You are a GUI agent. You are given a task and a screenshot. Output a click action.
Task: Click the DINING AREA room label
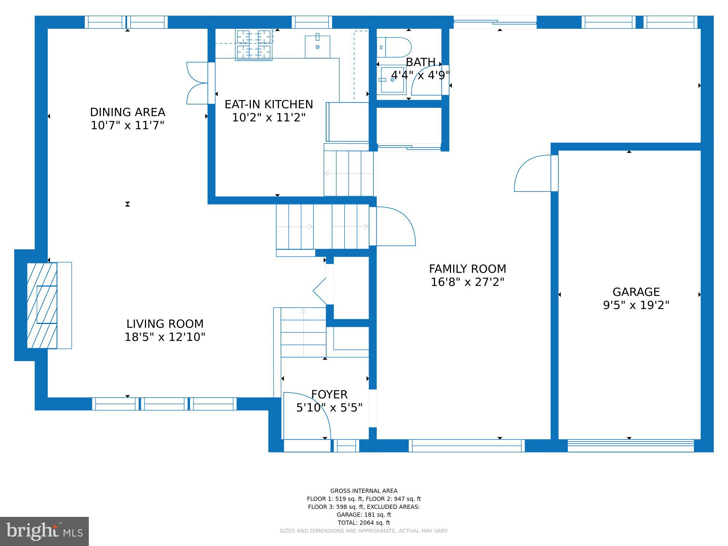point(127,112)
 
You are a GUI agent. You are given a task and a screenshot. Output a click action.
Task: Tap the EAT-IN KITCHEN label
point(269,104)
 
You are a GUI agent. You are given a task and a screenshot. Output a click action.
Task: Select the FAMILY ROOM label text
point(467,269)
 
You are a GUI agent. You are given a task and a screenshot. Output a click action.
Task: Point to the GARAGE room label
point(636,292)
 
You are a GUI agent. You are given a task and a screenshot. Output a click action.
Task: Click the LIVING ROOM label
point(165,324)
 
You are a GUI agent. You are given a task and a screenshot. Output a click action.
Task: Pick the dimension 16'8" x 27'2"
point(467,282)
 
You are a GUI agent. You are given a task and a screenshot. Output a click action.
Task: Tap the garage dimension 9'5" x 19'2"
point(636,305)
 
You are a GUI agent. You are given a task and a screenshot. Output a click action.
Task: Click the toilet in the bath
point(394,47)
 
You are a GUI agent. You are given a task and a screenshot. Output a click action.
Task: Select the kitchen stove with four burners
point(254,44)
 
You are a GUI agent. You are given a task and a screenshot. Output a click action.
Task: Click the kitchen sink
point(317,47)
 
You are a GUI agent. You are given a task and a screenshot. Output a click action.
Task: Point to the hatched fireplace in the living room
point(42,305)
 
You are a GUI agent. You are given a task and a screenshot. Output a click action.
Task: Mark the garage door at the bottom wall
point(631,446)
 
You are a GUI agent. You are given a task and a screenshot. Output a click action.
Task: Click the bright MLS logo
point(44,531)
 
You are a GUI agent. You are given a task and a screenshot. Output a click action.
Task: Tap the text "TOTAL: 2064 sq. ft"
point(364,523)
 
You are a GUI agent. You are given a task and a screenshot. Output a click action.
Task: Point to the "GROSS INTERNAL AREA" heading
point(364,491)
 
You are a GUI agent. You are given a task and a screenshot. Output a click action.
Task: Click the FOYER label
point(329,395)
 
